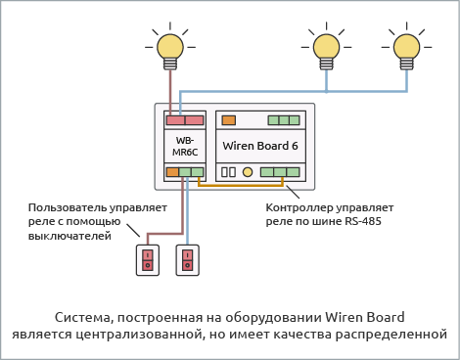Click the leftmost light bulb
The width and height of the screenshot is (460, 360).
pyautogui.click(x=171, y=46)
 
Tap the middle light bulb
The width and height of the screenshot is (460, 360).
pyautogui.click(x=325, y=46)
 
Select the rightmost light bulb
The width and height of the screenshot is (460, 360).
pyautogui.click(x=405, y=46)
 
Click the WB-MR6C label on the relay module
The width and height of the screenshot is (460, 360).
pyautogui.click(x=184, y=146)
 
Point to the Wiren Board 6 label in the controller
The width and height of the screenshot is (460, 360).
pyautogui.click(x=260, y=146)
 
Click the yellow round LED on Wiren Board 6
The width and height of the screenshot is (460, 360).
pyautogui.click(x=248, y=172)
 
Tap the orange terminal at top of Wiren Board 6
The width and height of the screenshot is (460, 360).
pyautogui.click(x=229, y=120)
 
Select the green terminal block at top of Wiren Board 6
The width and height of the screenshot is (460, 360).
pyautogui.click(x=284, y=120)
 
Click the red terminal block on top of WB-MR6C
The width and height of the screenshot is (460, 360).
pyautogui.click(x=184, y=120)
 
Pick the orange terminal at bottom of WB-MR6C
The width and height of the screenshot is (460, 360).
pyautogui.click(x=172, y=172)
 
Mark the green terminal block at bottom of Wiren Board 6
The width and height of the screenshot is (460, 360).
pyautogui.click(x=280, y=172)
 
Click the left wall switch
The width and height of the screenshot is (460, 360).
pyautogui.click(x=148, y=259)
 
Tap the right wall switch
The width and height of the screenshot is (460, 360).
pyautogui.click(x=187, y=259)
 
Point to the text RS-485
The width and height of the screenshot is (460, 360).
pyautogui.click(x=360, y=222)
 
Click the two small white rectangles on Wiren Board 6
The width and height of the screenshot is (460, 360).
pyautogui.click(x=229, y=172)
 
